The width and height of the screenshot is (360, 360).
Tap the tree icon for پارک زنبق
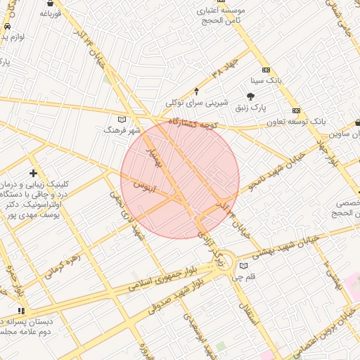coord(250,96)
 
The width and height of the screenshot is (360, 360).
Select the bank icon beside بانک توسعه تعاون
coord(297,110)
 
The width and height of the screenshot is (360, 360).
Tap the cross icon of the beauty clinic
coord(33,173)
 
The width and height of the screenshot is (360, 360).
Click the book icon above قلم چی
coord(243,266)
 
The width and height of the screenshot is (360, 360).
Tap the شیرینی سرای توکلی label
coord(198,103)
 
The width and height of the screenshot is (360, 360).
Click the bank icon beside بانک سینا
coord(266,70)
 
